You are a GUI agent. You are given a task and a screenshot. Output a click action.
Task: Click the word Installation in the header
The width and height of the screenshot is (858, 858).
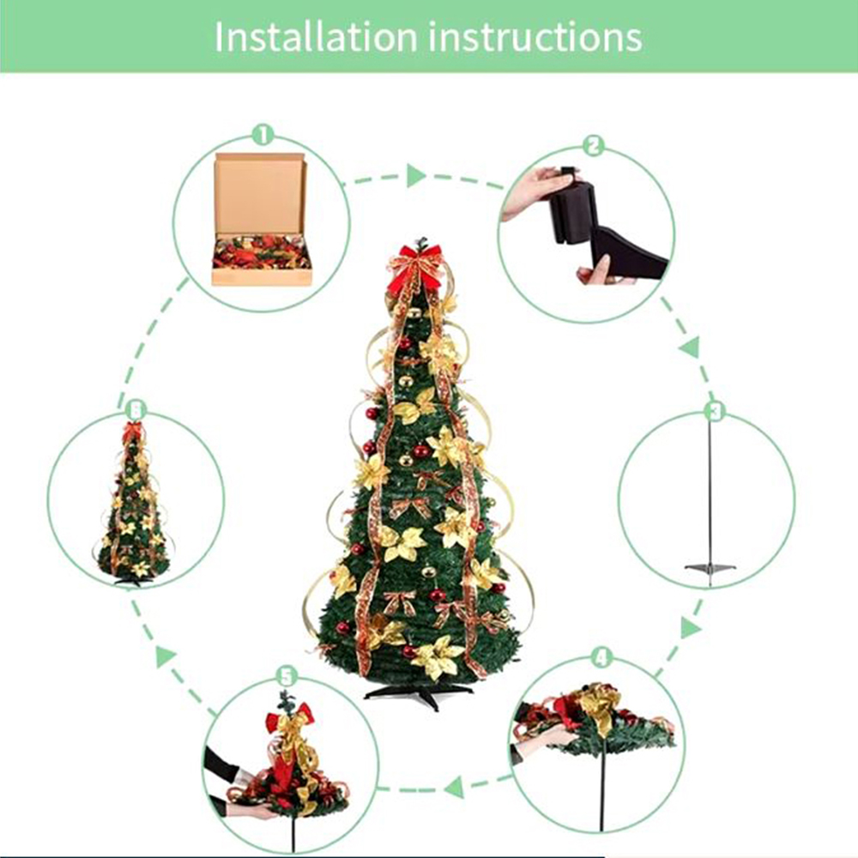pyautogui.click(x=316, y=37)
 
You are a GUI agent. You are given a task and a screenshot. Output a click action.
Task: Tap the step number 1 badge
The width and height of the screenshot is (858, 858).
pyautogui.click(x=263, y=134)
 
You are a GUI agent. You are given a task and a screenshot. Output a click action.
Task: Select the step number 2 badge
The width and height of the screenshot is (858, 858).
pyautogui.click(x=593, y=146)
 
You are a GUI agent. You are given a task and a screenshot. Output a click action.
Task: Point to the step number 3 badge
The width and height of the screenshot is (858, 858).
pyautogui.click(x=715, y=410)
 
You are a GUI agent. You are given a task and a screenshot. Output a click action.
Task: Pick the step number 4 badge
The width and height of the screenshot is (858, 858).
pyautogui.click(x=602, y=658)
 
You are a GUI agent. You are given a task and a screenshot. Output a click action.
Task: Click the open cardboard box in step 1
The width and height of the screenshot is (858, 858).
pyautogui.click(x=262, y=219)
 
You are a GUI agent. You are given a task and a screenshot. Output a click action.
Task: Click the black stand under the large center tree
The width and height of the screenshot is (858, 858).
pyautogui.click(x=420, y=693)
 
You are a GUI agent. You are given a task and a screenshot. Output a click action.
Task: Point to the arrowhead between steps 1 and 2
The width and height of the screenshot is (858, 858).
pyautogui.click(x=416, y=176)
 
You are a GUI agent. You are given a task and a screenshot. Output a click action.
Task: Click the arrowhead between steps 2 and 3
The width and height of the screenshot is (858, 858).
pyautogui.click(x=691, y=347)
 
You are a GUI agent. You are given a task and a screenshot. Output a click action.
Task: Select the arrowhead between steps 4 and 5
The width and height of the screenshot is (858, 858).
pyautogui.click(x=454, y=788)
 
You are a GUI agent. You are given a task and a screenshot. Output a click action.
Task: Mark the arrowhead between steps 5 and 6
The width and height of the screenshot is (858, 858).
pyautogui.click(x=166, y=656)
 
